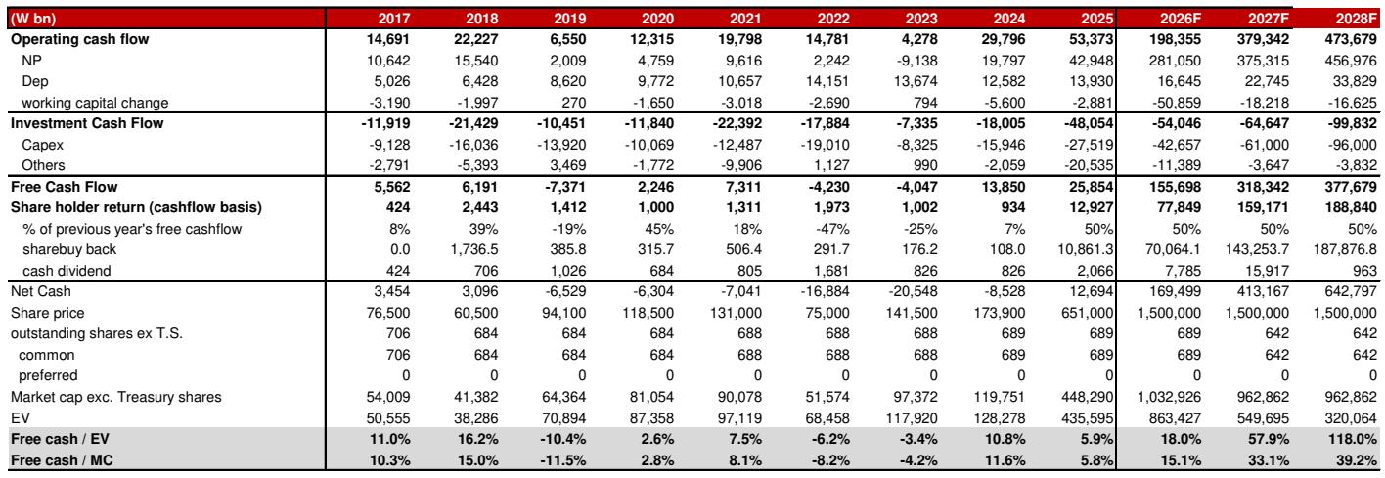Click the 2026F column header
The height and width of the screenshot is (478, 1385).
tap(1181, 19)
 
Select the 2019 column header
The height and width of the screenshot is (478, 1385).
tap(570, 19)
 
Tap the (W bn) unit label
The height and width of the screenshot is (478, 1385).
tap(33, 19)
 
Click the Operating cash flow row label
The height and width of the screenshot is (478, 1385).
tap(80, 39)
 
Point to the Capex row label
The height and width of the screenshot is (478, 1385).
tap(43, 145)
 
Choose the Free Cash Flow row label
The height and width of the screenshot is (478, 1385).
tap(65, 187)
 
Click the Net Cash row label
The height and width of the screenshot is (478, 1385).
tap(41, 291)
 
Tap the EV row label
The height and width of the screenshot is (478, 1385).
tap(21, 418)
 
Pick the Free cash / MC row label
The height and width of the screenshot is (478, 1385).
tap(62, 460)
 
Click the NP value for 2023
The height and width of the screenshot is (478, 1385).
tap(916, 61)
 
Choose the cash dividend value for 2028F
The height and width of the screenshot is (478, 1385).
tap(1364, 271)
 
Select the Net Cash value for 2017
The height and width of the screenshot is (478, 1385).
tap(392, 291)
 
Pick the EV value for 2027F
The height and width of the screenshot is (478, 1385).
tap(1264, 418)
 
